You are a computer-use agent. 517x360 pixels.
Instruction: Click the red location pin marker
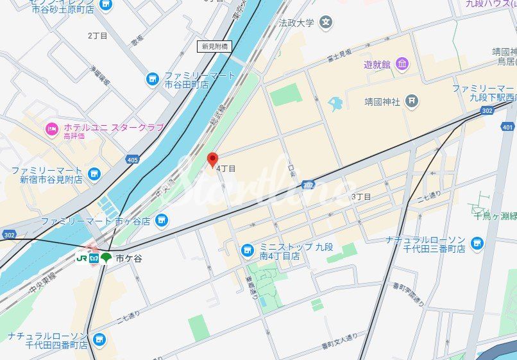[213, 160]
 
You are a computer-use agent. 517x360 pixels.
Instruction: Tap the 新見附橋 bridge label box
[214, 46]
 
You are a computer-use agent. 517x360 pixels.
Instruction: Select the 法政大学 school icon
[326, 22]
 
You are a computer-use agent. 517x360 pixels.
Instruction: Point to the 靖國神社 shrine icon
[412, 101]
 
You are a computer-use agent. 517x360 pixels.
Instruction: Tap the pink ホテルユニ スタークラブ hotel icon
[52, 129]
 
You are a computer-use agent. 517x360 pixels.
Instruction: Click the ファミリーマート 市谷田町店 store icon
[152, 80]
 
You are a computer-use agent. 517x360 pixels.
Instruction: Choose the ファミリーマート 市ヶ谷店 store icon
[162, 221]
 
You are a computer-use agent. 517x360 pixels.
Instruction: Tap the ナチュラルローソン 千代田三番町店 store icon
[477, 243]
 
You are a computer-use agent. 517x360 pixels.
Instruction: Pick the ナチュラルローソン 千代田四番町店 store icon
[98, 339]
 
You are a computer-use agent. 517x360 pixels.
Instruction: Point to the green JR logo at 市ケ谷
[81, 258]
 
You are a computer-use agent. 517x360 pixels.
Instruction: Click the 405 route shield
[133, 159]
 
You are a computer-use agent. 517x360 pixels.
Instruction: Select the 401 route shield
[509, 127]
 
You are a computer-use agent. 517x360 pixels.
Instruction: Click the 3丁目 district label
[361, 196]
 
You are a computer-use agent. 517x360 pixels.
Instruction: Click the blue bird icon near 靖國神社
[335, 102]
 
